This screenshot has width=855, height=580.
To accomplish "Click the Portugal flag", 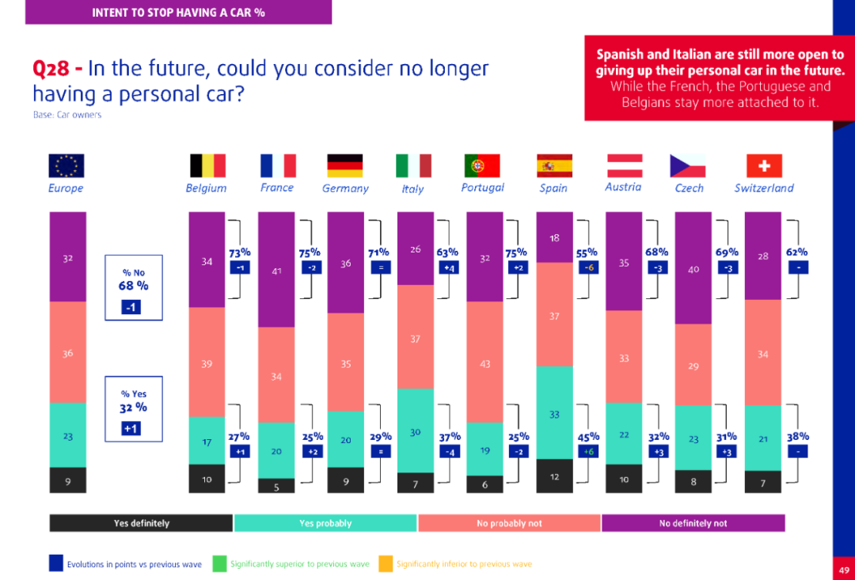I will (x=482, y=165).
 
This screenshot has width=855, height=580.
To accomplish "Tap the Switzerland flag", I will (x=764, y=165).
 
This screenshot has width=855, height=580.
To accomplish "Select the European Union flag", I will (x=66, y=165).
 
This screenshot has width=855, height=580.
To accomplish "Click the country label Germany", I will (x=345, y=188).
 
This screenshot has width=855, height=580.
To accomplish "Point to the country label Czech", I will (x=688, y=188).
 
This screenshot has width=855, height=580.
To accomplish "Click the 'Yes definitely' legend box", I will (x=141, y=523).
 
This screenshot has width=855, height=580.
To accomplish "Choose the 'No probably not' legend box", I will (x=509, y=523).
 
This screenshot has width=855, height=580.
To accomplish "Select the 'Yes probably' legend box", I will (x=325, y=523).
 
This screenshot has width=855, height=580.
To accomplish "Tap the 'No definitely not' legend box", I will (x=693, y=523).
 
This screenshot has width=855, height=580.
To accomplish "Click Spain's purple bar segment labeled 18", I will (x=554, y=237).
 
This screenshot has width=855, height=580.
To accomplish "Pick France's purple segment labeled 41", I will (x=276, y=270).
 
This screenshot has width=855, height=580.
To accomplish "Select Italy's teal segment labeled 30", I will (x=416, y=430).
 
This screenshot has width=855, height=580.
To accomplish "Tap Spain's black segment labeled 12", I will (x=554, y=476).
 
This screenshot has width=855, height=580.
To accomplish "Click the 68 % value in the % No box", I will (x=133, y=286).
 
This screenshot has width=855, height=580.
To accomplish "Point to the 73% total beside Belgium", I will (x=239, y=252).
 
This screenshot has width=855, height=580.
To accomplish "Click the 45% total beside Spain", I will (x=587, y=436).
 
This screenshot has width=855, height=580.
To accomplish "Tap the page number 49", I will (x=844, y=569).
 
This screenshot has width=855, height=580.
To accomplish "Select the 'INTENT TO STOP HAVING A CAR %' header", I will (x=178, y=12).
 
